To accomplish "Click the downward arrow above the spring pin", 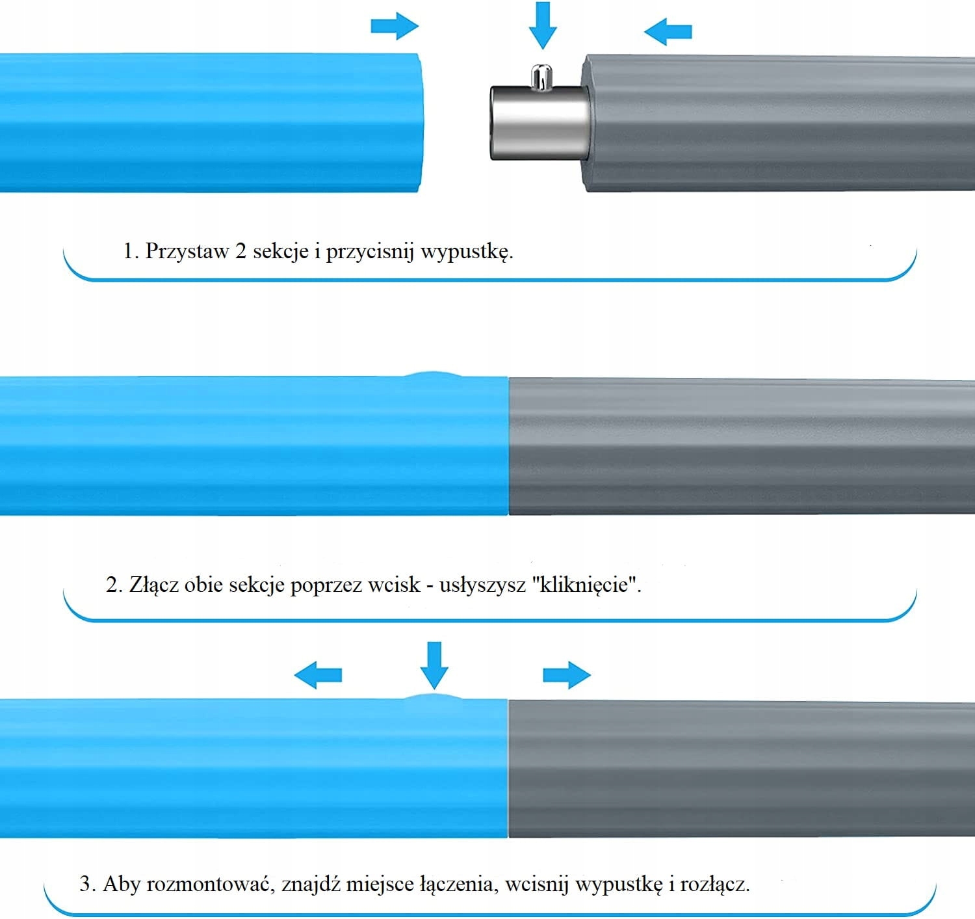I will (x=543, y=25).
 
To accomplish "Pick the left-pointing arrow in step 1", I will (x=668, y=31).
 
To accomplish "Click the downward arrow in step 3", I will (x=434, y=665).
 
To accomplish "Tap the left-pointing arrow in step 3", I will (x=318, y=675).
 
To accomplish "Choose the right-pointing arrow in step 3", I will (x=567, y=674).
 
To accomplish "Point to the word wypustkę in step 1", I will (x=466, y=252).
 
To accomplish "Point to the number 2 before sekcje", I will (x=240, y=252).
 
